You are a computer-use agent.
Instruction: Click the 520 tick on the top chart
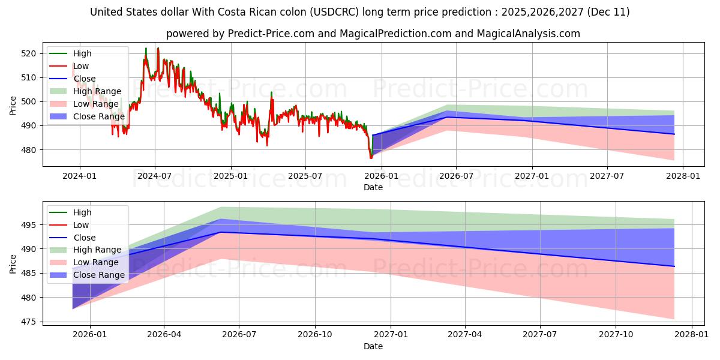point(29,53)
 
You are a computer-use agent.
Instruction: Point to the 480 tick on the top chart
point(29,150)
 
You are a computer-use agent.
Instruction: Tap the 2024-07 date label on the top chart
point(155,176)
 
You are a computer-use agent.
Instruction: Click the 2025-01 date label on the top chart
point(230,176)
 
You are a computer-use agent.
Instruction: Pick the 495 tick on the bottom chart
point(29,225)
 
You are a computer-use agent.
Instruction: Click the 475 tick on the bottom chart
point(29,322)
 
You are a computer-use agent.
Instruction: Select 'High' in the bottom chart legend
point(82,212)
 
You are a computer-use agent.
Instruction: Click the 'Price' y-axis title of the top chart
point(13,105)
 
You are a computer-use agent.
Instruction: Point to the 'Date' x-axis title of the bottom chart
point(373,346)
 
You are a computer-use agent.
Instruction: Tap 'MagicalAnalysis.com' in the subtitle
point(528,34)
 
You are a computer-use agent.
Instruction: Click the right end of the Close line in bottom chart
point(674,266)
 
